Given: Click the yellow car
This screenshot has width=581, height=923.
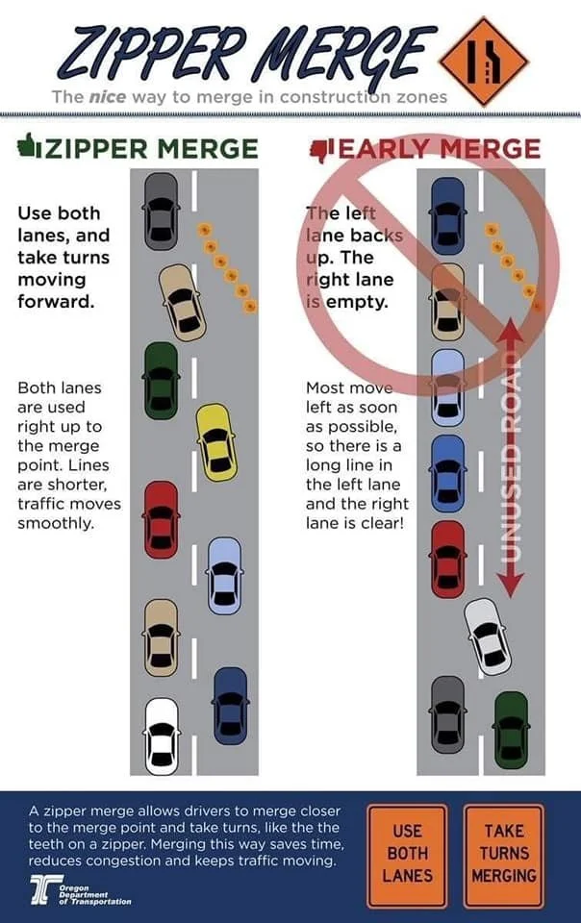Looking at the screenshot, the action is tap(216, 442).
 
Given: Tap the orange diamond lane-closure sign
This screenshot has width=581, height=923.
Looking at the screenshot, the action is tap(484, 62).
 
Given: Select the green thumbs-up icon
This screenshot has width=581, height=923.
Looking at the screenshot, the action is tap(28, 145).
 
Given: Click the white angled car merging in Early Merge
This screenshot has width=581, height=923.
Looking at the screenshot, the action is tap(487, 636).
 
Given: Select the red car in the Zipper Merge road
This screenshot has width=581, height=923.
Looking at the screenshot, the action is tap(162, 520).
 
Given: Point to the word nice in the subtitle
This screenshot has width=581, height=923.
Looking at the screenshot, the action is tap(107, 96).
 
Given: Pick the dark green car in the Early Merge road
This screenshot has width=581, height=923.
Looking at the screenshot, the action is tap(511, 730).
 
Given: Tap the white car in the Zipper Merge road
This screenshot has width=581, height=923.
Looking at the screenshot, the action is tap(162, 736).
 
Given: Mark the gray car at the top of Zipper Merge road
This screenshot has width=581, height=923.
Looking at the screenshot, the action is tap(161, 212).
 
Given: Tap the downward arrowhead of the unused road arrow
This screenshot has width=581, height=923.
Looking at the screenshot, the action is tap(511, 586).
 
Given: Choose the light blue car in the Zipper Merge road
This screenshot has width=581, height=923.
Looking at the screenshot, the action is tap(224, 576).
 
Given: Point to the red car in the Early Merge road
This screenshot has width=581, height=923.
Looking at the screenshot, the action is tap(448, 560).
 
